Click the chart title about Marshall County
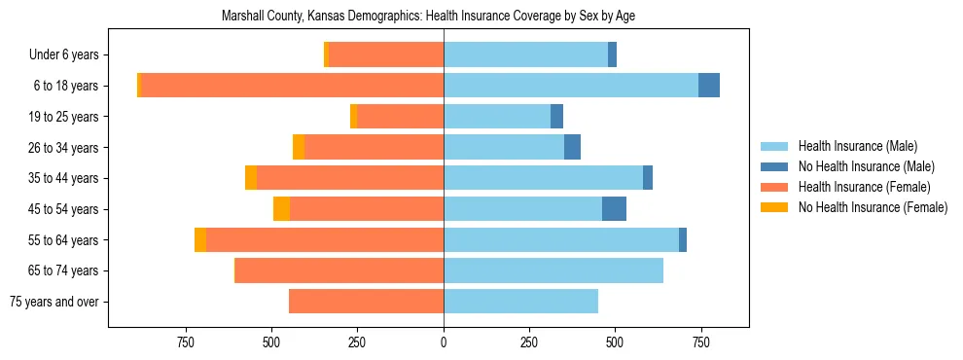click(428, 17)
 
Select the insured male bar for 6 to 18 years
click(571, 86)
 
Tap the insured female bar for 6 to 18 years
click(292, 86)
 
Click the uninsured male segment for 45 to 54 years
click(614, 209)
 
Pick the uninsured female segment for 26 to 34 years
click(299, 147)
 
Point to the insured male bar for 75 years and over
click(520, 302)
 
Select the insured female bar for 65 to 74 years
click(339, 270)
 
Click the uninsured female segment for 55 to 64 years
click(200, 240)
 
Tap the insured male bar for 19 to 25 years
click(497, 117)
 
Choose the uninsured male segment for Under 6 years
click(613, 54)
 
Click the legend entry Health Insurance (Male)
click(857, 146)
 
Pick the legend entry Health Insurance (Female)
click(864, 187)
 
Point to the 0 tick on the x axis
click(444, 342)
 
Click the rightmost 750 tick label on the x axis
click(700, 342)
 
